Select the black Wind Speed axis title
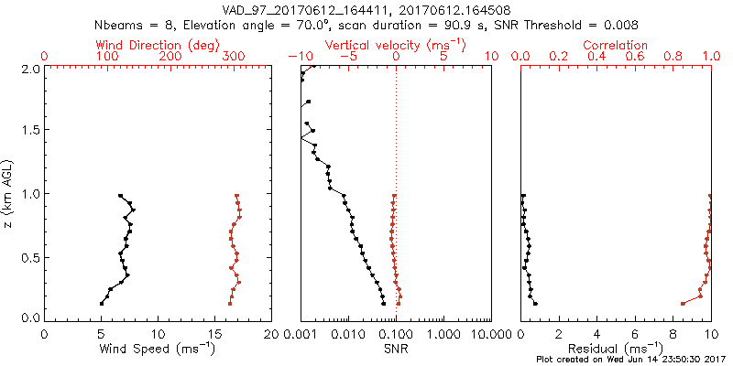(x=159, y=348)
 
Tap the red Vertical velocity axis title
(x=395, y=45)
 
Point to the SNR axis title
(x=397, y=348)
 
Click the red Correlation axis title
(x=617, y=45)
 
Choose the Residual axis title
(x=617, y=348)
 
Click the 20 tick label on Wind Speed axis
(x=271, y=332)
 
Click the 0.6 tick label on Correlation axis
(x=635, y=57)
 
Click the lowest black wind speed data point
(x=102, y=304)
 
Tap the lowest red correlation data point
(x=683, y=304)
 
